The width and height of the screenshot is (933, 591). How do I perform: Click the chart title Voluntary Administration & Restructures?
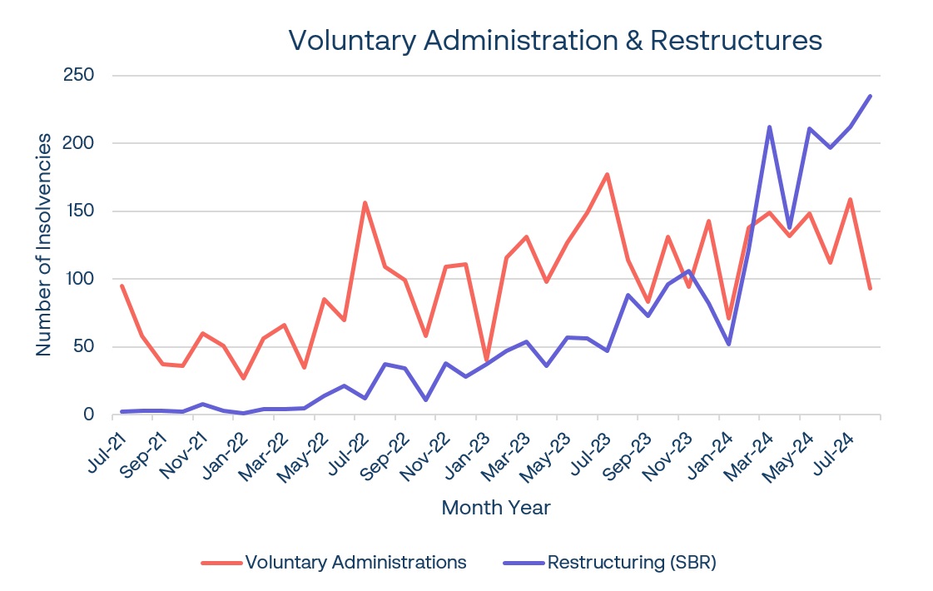[x=555, y=40]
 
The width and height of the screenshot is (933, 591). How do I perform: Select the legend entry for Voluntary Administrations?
[x=355, y=562]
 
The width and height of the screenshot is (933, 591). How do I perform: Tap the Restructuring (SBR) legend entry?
[x=632, y=562]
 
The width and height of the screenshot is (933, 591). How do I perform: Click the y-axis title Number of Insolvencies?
[x=44, y=245]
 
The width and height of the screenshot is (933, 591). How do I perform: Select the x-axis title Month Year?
[x=496, y=507]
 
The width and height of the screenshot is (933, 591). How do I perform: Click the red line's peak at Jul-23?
[x=608, y=174]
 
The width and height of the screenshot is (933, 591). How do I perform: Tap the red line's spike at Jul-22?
[x=365, y=202]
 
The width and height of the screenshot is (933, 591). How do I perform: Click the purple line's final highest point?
[x=871, y=96]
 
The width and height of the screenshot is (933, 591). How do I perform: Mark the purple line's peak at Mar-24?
[x=769, y=127]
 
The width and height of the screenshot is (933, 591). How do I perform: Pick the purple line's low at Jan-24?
[x=729, y=344]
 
